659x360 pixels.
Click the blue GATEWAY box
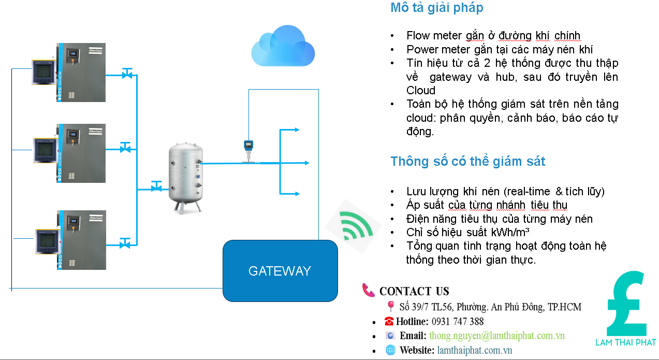(280, 270)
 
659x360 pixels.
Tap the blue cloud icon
(283, 47)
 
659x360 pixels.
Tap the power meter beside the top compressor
(43, 72)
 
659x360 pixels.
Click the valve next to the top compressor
(126, 74)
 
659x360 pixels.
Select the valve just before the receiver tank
(156, 186)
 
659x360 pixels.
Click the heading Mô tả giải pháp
(436, 8)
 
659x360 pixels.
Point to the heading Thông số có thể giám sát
(467, 161)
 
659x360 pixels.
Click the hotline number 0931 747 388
(458, 321)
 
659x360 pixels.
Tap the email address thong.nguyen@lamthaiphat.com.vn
(496, 336)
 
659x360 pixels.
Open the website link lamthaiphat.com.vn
(474, 350)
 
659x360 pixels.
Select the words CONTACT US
(414, 291)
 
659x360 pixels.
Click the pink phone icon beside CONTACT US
(369, 290)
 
